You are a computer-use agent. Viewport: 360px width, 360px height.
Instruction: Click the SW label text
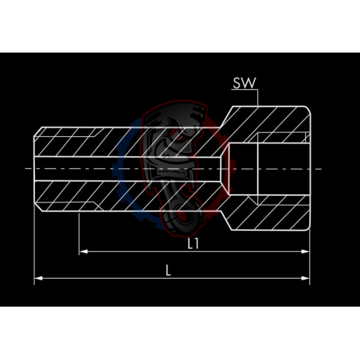(x=245, y=81)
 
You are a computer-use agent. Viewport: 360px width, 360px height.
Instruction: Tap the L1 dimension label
(x=193, y=243)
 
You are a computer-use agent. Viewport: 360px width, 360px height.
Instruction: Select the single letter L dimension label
(x=168, y=269)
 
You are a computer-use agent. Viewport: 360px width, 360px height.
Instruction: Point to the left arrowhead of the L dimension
(x=37, y=278)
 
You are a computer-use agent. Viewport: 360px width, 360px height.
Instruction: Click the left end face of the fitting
(x=34, y=169)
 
